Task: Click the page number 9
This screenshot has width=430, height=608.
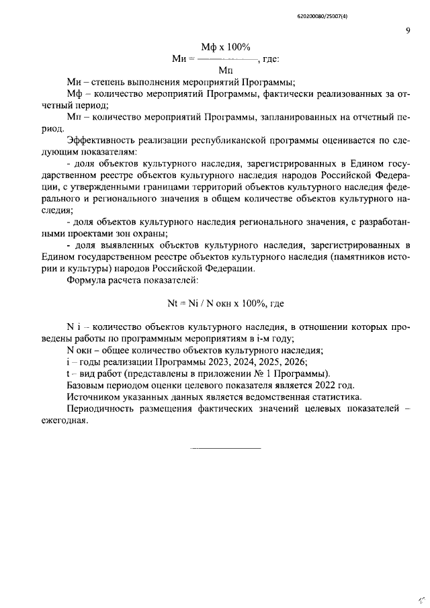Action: pos(408,30)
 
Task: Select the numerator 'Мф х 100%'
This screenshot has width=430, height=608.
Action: pos(226,47)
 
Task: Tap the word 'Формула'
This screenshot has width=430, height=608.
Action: pos(85,279)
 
